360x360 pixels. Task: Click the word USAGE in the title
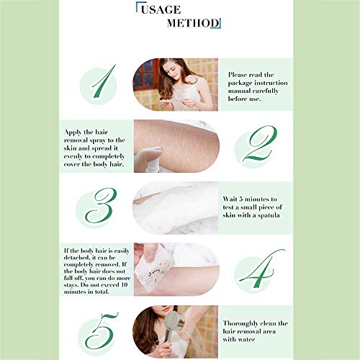click(x=161, y=10)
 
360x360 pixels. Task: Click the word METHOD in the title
click(x=193, y=23)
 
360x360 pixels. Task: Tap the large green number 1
click(x=103, y=81)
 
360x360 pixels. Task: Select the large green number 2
click(x=259, y=143)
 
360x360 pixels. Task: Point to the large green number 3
click(x=101, y=205)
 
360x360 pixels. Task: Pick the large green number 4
click(x=261, y=269)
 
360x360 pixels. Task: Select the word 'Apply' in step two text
click(x=73, y=132)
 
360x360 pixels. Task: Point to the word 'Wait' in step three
click(x=230, y=199)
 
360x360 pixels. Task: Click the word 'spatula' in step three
click(x=269, y=215)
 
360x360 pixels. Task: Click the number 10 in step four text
click(x=124, y=285)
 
